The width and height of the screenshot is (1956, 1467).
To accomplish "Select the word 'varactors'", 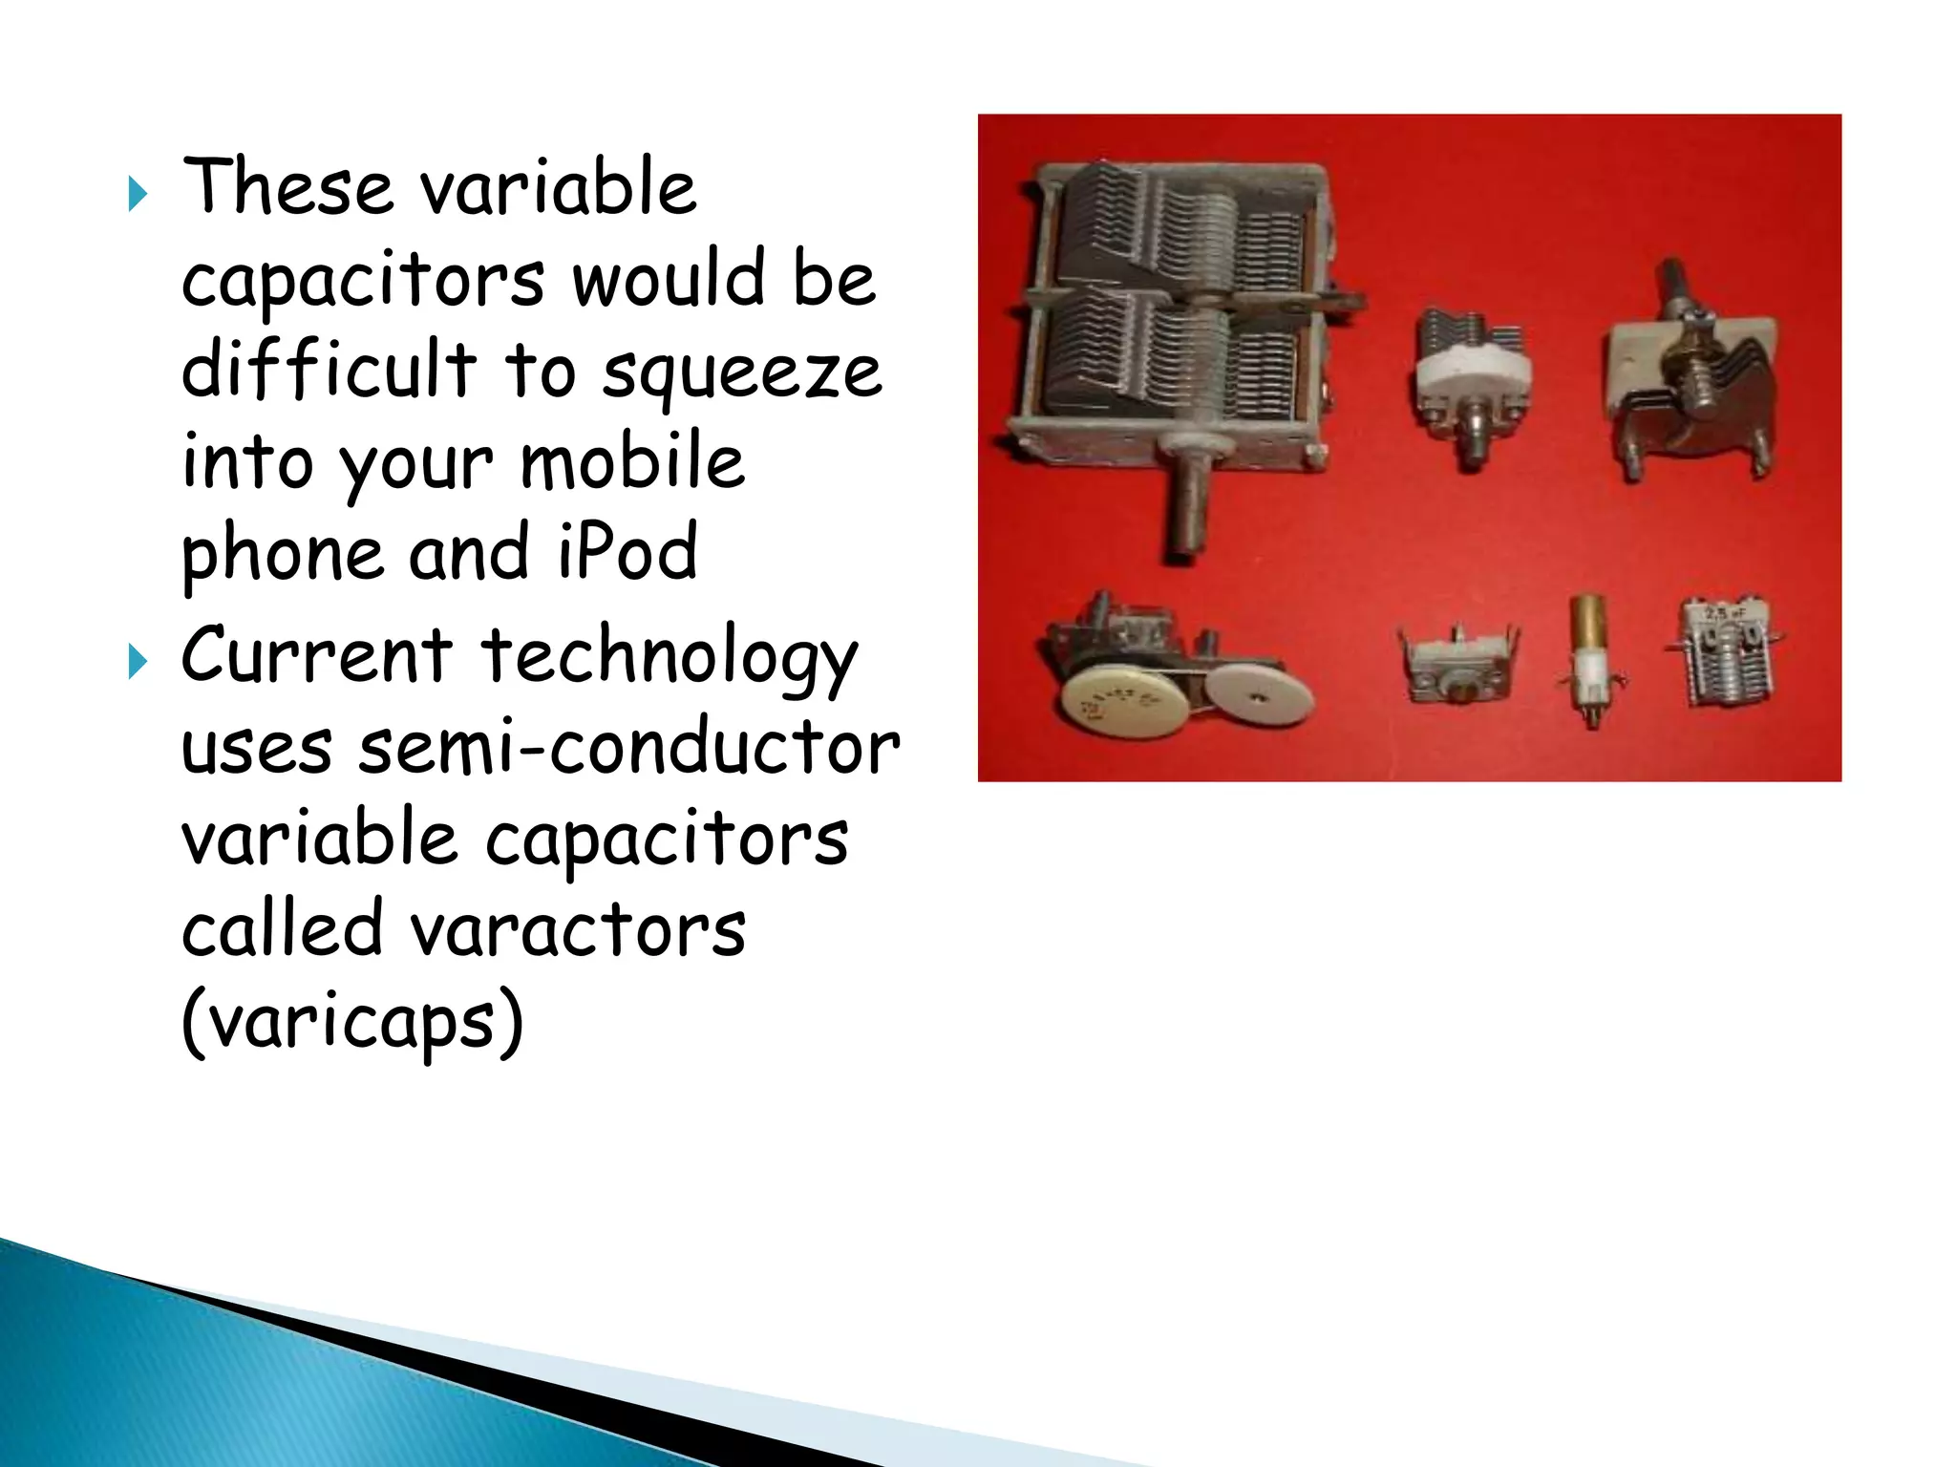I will [x=579, y=930].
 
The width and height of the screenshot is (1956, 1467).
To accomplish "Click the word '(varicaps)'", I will [x=352, y=1022].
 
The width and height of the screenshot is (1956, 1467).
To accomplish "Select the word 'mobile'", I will [x=632, y=462].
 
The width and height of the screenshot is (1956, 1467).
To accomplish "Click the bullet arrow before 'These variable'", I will [x=138, y=195].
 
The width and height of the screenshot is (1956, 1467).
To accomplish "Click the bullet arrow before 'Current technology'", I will [x=138, y=662].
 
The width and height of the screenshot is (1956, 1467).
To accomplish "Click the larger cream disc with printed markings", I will [x=1125, y=704].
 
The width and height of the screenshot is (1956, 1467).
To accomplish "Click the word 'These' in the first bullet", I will [x=287, y=187].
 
